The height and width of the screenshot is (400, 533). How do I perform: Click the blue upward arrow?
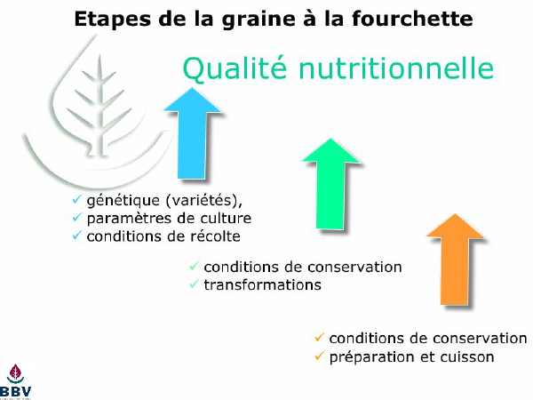click(193, 133)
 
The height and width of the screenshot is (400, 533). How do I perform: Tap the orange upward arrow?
click(455, 260)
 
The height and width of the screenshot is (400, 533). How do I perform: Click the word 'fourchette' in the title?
click(412, 19)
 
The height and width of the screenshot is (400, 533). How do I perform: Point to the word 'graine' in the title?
click(259, 20)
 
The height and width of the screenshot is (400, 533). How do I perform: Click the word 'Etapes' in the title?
click(113, 20)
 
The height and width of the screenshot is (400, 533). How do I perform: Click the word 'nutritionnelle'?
click(396, 68)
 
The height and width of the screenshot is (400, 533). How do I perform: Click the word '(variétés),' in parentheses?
click(204, 200)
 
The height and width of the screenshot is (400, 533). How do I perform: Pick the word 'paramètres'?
click(129, 219)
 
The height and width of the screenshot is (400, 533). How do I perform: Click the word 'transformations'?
click(262, 284)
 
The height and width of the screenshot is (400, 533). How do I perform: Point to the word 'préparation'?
click(372, 357)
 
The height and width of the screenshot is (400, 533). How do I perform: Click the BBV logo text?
click(15, 391)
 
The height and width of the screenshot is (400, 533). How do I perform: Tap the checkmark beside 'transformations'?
click(194, 284)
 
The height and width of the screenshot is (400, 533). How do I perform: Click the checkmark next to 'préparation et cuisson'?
click(319, 356)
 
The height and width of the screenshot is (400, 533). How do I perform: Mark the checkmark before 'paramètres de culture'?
click(77, 217)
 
